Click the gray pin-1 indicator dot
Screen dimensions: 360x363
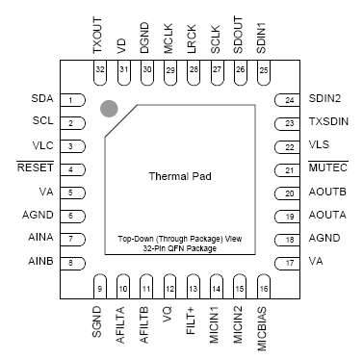pyautogui.click(x=109, y=110)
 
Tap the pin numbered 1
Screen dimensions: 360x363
pyautogui.click(x=71, y=100)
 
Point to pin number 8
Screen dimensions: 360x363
pyautogui.click(x=71, y=262)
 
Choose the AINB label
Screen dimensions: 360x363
pyautogui.click(x=40, y=262)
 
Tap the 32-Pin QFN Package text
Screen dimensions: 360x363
pyautogui.click(x=181, y=248)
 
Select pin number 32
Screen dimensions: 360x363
pyautogui.click(x=100, y=69)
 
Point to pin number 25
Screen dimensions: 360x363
pyautogui.click(x=262, y=69)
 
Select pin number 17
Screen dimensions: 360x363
pyautogui.click(x=290, y=262)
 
